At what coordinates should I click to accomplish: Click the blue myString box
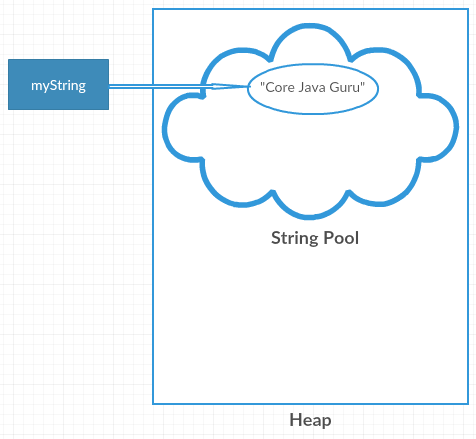(58, 85)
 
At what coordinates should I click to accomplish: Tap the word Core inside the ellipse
(278, 87)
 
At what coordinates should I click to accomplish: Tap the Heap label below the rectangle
(309, 420)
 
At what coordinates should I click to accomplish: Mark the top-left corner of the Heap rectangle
(153, 9)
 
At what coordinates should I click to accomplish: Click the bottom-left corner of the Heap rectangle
(153, 403)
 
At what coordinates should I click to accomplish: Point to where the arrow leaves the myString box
(109, 86)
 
